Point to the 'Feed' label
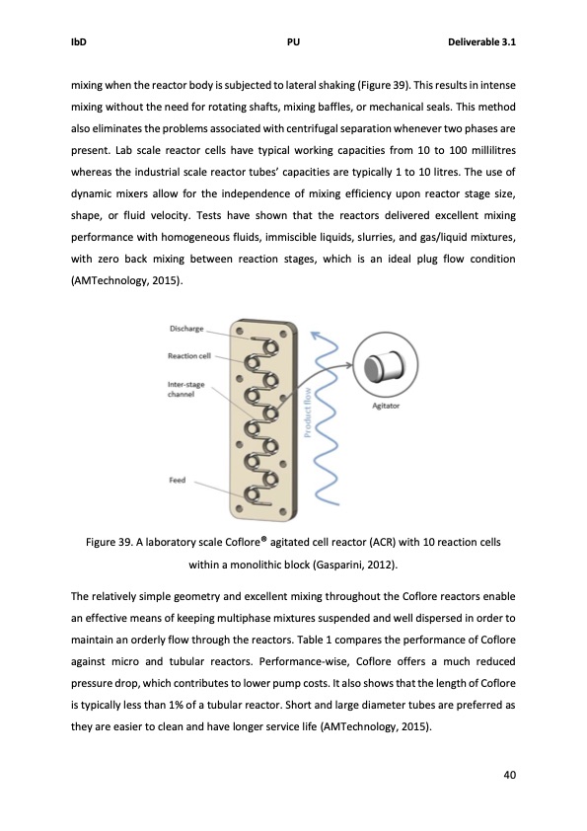[178, 481]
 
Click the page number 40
[510, 774]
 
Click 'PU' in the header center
[293, 42]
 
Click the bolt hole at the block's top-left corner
[238, 330]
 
